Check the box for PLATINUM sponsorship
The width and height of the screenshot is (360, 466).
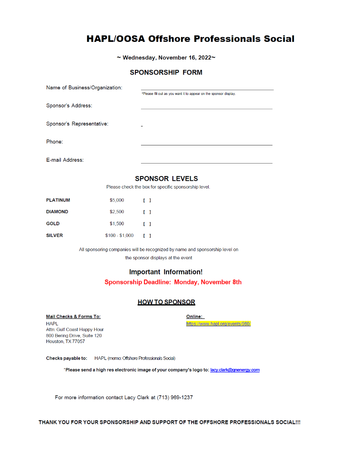point(147,200)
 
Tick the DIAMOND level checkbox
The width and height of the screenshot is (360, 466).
point(147,212)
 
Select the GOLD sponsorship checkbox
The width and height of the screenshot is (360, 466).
point(147,224)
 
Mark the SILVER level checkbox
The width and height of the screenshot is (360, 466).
point(147,236)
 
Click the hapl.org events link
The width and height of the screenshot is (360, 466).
point(218,324)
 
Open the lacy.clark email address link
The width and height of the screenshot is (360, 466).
point(235,370)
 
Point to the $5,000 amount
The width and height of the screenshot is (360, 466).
point(116,200)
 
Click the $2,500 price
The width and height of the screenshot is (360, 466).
point(116,212)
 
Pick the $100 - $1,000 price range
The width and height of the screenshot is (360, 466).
point(119,236)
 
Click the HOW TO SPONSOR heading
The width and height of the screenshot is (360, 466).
point(166,302)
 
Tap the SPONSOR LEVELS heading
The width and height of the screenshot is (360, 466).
point(166,179)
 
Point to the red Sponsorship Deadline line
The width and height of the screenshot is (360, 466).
point(173,282)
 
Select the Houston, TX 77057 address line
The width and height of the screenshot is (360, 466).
point(66,341)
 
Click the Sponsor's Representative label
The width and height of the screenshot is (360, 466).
point(77,124)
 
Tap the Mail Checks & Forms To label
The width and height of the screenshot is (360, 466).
point(73,317)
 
